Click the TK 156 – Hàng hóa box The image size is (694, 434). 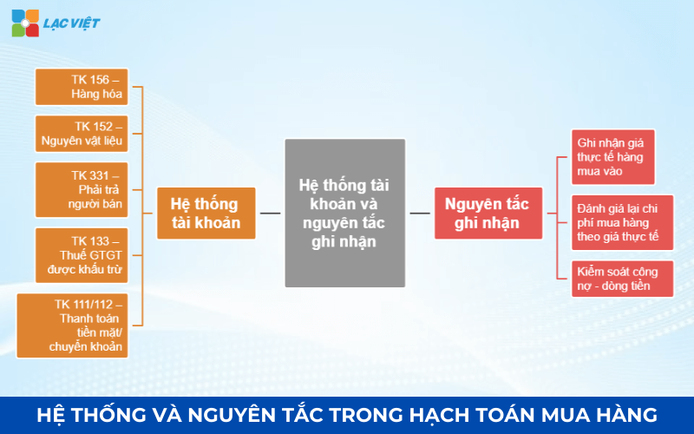[x=82, y=87]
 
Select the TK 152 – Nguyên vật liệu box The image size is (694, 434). [x=82, y=133]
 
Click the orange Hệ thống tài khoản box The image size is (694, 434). [x=206, y=213]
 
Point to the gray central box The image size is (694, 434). [x=344, y=213]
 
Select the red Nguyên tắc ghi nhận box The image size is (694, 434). [x=488, y=213]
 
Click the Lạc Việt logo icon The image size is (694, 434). [x=24, y=23]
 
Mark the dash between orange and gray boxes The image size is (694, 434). [x=270, y=213]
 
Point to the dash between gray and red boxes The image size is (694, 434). [x=420, y=213]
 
